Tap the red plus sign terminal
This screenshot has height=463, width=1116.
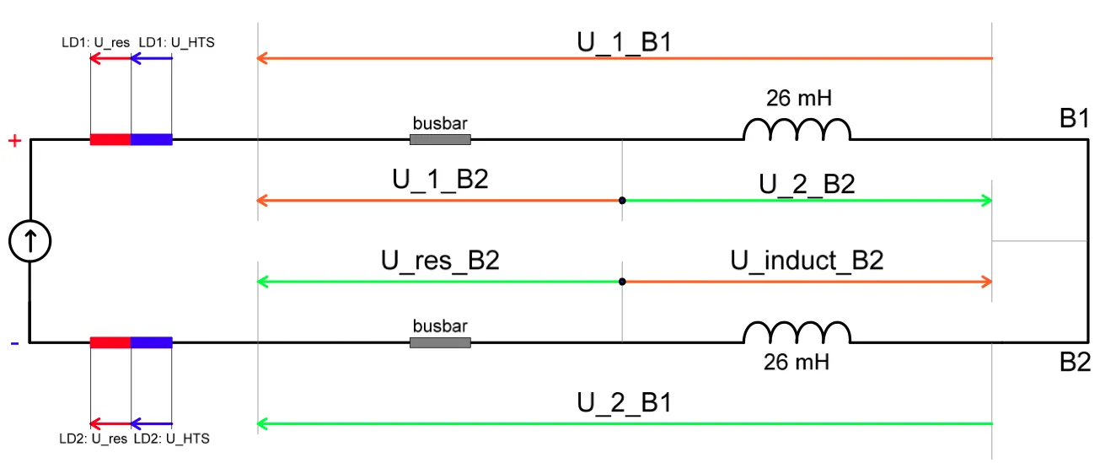click(x=15, y=141)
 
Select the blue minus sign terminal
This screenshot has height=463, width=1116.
click(x=15, y=343)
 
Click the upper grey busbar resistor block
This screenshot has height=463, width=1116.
click(x=441, y=139)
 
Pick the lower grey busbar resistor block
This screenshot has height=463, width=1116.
click(x=441, y=342)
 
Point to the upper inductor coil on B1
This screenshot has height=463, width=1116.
click(x=797, y=120)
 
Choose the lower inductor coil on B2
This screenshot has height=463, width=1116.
click(x=797, y=324)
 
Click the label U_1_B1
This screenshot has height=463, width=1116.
click(x=625, y=42)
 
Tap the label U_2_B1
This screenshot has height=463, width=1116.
click(x=625, y=402)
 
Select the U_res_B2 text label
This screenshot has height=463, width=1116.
click(x=441, y=260)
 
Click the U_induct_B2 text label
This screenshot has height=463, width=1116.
click(x=807, y=260)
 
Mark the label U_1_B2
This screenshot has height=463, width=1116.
click(x=441, y=179)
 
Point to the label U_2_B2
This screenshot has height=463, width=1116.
click(x=807, y=184)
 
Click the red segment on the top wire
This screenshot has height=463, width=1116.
click(x=110, y=139)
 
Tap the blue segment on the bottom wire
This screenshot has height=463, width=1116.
click(x=152, y=342)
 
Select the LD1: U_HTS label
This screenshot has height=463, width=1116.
click(x=176, y=42)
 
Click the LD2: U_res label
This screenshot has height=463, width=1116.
click(x=94, y=439)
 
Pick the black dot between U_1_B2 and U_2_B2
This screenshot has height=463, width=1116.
click(x=622, y=201)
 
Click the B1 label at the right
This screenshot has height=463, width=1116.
click(x=1074, y=118)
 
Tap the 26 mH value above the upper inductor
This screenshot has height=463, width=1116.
click(x=799, y=98)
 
